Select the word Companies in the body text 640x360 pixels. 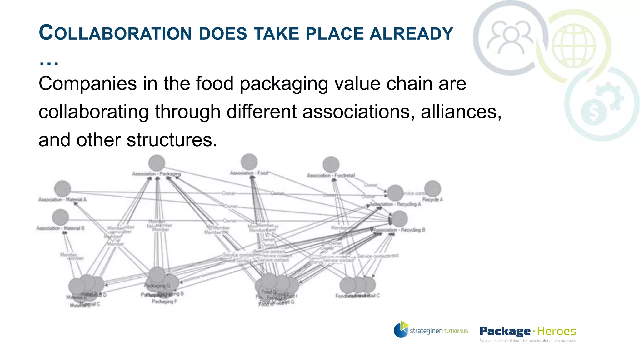click(88, 84)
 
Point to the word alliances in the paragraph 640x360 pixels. click(461, 112)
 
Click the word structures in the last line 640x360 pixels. click(172, 140)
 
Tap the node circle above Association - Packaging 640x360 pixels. click(157, 163)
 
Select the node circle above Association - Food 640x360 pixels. click(249, 162)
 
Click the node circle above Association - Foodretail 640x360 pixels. click(331, 165)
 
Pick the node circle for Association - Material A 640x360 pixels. click(62, 189)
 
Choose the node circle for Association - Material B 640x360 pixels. click(61, 217)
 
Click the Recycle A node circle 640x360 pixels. click(433, 189)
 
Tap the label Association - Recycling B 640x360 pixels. click(399, 230)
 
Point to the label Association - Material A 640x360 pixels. click(62, 199)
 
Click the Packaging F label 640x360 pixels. click(164, 302)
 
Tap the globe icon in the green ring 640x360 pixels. click(573, 46)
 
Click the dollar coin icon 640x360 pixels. click(593, 112)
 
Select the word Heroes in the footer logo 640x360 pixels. click(557, 331)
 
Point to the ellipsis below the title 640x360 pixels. click(49, 63)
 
